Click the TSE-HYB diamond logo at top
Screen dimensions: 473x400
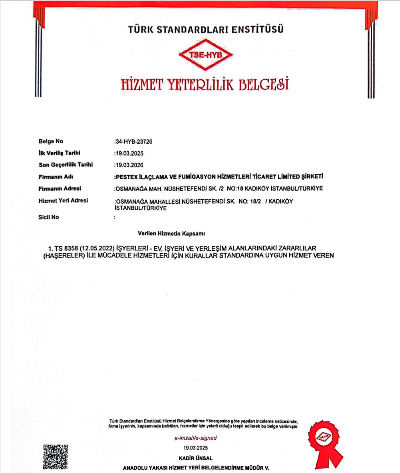tap(201, 54)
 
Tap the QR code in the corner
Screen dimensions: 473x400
tap(56, 456)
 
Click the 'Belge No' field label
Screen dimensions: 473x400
tap(51, 141)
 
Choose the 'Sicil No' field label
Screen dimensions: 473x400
tap(49, 217)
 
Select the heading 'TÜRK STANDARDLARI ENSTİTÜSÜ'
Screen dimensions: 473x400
tap(206, 30)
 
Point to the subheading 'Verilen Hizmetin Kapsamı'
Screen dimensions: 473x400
tap(171, 234)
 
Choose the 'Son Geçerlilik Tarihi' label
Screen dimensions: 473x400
tap(65, 165)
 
